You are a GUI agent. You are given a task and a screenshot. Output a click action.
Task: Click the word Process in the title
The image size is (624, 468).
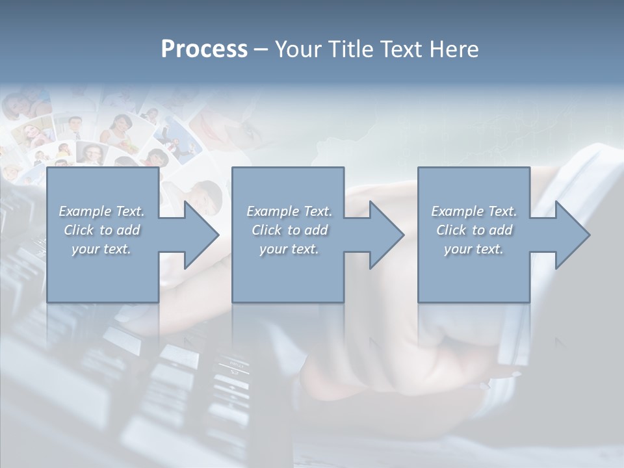(x=204, y=49)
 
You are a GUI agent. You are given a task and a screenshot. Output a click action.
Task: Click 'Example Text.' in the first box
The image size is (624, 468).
(x=101, y=211)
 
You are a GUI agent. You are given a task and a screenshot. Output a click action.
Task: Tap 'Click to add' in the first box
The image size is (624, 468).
(x=101, y=230)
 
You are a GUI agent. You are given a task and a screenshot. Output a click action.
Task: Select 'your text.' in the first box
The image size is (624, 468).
(x=101, y=249)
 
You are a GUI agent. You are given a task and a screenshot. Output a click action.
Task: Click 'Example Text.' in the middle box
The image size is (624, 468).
(x=289, y=211)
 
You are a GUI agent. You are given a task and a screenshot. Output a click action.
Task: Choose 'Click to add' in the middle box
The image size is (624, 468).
(x=289, y=230)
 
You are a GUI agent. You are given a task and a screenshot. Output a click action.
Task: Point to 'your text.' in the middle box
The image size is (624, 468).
(x=289, y=249)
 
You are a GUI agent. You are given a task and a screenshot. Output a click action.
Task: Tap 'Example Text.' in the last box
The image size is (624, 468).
(x=474, y=211)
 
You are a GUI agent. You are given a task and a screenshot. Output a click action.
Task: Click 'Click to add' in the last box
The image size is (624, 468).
(x=474, y=230)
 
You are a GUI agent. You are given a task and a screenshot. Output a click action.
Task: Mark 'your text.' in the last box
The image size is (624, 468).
(x=474, y=249)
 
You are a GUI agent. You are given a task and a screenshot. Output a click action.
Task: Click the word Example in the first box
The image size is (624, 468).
(x=85, y=211)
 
